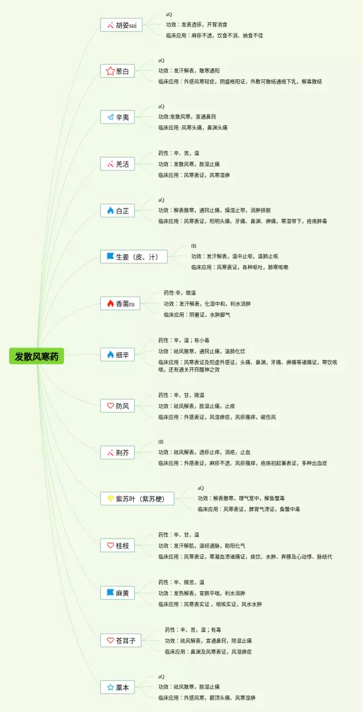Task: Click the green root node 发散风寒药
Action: point(36,356)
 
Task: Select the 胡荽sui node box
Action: point(121,25)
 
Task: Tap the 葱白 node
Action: point(117,71)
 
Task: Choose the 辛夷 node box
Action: point(117,117)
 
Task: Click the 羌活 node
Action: point(117,164)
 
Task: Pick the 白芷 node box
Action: point(117,210)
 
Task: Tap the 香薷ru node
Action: point(120,303)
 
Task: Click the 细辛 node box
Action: point(117,355)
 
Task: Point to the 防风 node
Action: point(117,406)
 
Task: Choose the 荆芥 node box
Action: point(117,452)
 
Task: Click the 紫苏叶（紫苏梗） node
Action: point(137,499)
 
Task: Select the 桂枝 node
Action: point(117,545)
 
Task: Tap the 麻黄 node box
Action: point(117,593)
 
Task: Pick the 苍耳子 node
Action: point(121,640)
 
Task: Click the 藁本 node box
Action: point(117,687)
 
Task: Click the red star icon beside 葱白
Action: point(110,71)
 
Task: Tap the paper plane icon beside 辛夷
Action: point(110,117)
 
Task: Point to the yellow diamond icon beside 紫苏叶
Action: point(110,499)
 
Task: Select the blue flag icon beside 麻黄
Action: point(110,593)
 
